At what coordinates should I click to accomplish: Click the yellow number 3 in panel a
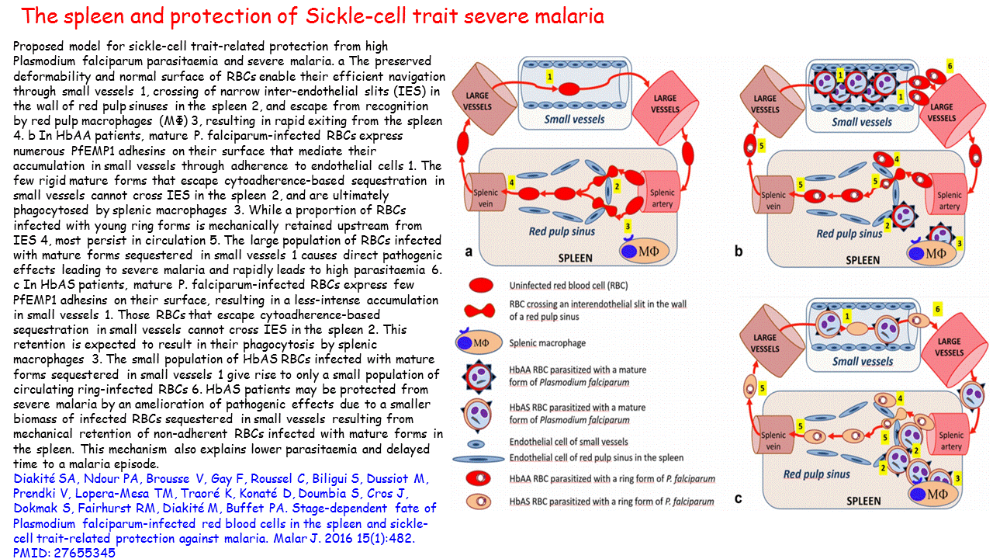(627, 225)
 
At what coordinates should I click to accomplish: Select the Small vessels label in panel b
(861, 121)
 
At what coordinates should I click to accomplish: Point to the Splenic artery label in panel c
(950, 442)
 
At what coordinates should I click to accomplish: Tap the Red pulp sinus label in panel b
(849, 233)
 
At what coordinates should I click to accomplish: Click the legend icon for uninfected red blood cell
(482, 286)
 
